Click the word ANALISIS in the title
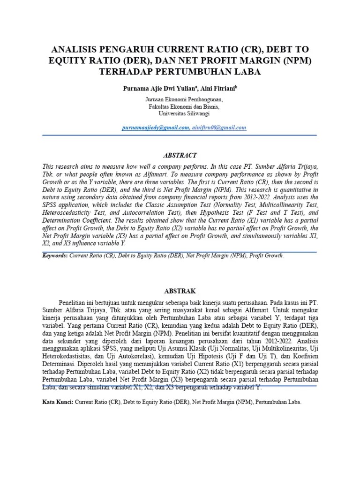(x=76, y=49)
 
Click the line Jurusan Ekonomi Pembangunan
(x=184, y=100)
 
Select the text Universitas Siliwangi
(x=184, y=113)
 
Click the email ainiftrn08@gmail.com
(x=219, y=127)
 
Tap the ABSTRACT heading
(x=180, y=156)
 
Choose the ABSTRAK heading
(x=180, y=291)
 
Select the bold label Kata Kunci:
(x=58, y=402)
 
